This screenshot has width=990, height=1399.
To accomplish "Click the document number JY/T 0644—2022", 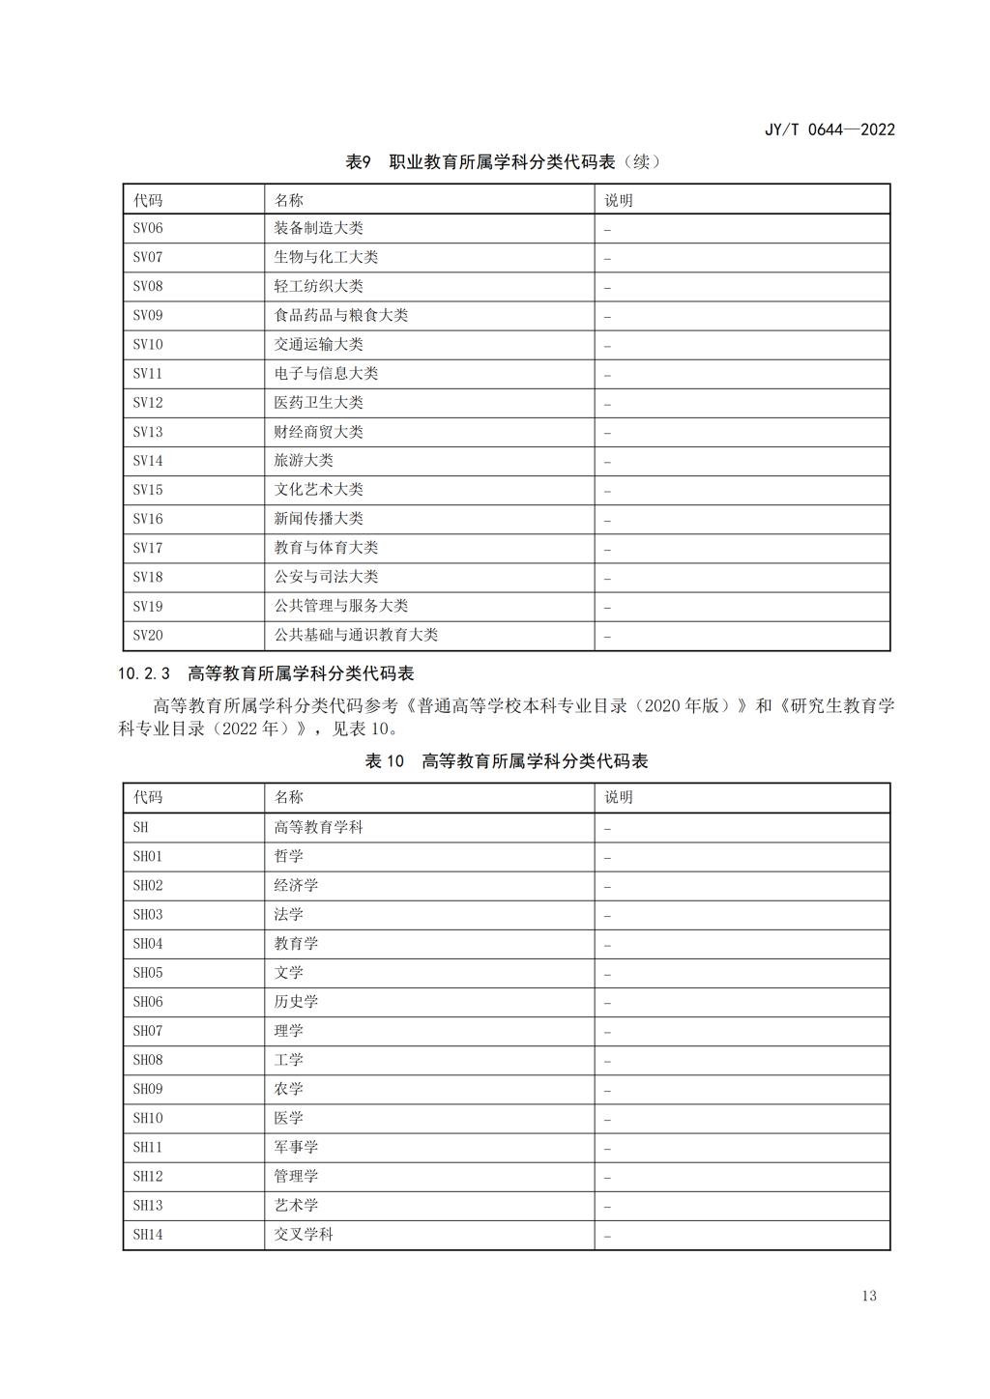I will coord(830,129).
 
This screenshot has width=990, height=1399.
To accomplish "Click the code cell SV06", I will coord(148,229).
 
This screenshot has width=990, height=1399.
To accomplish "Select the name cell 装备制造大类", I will coord(318,229).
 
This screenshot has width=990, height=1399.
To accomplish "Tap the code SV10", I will coord(148,345).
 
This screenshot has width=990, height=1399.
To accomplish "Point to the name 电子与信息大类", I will coord(326,374).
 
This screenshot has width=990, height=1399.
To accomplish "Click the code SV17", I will coord(148,548).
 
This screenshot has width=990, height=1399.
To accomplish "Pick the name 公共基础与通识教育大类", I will coord(356,635).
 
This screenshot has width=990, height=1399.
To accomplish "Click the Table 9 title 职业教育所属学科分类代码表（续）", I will coord(503,161).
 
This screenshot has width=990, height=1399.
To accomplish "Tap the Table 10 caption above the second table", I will coord(506,761).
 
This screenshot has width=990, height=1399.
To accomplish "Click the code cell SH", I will coord(141,828).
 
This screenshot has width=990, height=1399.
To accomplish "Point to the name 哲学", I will coord(288,857).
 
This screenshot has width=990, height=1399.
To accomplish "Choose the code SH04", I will coord(148,944).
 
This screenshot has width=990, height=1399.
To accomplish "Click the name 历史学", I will coord(296,1002).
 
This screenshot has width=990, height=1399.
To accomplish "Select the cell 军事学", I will coord(296,1147).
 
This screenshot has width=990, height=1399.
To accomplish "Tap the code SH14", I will coord(148,1235).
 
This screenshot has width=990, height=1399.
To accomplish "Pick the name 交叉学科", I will coord(304,1235).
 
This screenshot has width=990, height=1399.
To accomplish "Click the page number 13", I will coord(868,1296).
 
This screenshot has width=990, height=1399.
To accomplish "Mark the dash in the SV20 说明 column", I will coord(607,637).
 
